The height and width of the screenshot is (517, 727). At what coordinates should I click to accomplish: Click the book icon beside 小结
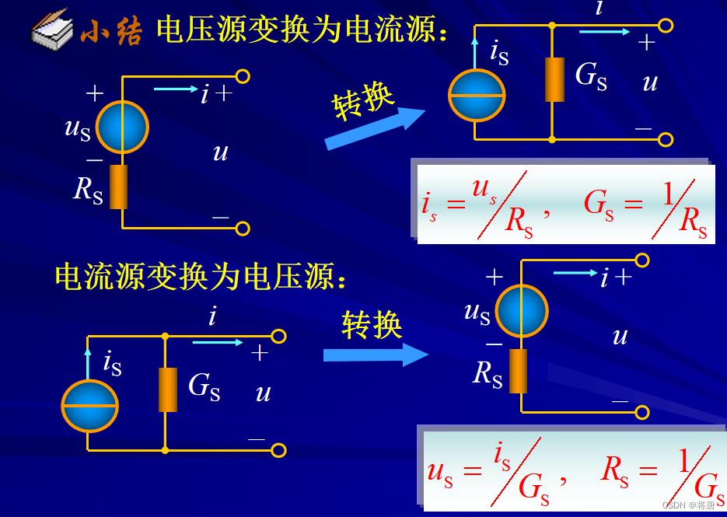click(x=53, y=30)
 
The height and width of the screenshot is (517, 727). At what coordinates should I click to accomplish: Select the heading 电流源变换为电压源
click(x=199, y=276)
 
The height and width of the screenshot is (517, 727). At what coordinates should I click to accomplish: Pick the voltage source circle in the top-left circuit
click(x=122, y=126)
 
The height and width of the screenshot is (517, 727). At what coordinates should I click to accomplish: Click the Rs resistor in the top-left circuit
click(x=118, y=187)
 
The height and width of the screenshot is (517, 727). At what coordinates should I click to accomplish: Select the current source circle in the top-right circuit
click(x=477, y=96)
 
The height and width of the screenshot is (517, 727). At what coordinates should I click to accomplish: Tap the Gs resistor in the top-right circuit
click(x=554, y=79)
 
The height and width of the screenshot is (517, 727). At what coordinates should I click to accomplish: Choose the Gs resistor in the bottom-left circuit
click(x=167, y=389)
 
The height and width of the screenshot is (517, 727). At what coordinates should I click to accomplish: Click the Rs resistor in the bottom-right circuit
click(x=518, y=371)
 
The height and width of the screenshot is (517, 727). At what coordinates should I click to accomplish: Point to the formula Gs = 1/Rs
click(x=645, y=205)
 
